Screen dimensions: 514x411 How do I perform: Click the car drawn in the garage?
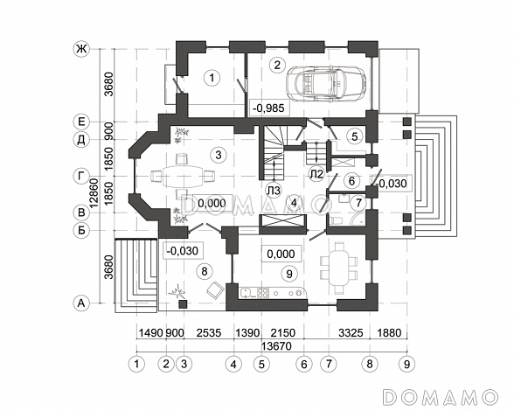pos(326,83)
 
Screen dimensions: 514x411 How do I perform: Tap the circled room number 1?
pos(212,78)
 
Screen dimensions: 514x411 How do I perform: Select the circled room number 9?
pos(289,273)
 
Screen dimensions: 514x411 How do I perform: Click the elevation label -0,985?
pos(270,108)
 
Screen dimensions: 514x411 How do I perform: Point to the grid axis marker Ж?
pos(81,49)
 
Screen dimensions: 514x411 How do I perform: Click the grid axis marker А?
pos(81,303)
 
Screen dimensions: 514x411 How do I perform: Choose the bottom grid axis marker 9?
pos(406,364)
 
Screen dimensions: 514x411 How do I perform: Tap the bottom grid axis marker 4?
pos(233,364)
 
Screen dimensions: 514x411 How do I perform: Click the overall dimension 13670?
pos(276,345)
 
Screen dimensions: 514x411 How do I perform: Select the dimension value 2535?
pos(209,333)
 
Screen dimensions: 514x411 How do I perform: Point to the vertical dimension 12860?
pos(94,193)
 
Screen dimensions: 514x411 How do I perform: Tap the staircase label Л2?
pos(316,174)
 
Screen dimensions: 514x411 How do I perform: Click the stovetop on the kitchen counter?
pos(262,293)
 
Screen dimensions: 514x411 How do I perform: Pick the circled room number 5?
pos(355,136)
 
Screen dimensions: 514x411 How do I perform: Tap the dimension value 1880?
pos(388,333)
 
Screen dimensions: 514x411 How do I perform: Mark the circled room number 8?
pos(205,271)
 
